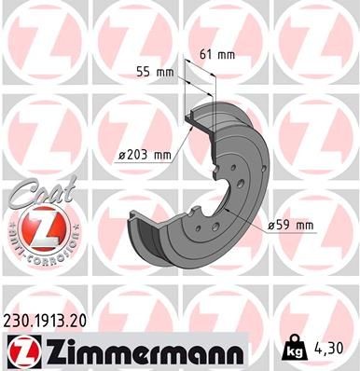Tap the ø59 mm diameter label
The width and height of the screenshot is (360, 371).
(x=290, y=225)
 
